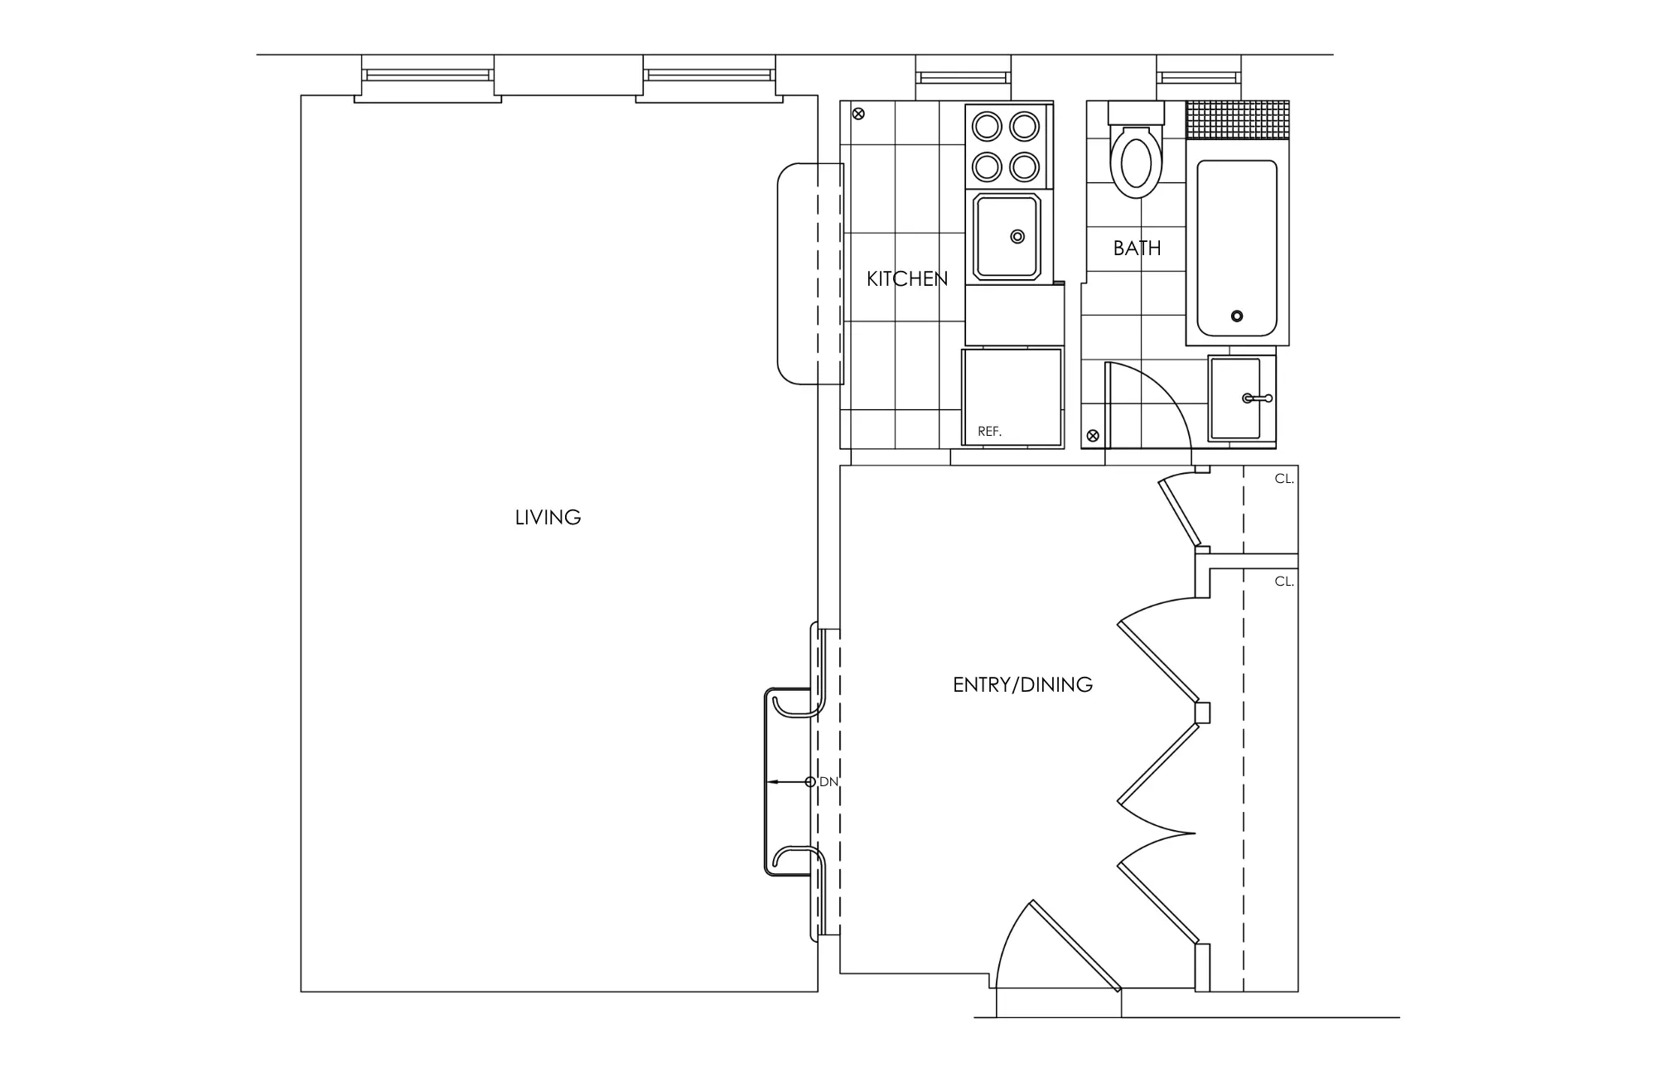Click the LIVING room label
click(x=548, y=518)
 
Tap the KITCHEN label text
click(x=907, y=279)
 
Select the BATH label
click(x=1137, y=248)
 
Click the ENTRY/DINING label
click(x=1022, y=684)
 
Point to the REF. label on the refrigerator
click(x=989, y=432)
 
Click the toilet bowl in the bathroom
click(x=1136, y=162)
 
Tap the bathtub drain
click(x=1237, y=316)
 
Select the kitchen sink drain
click(x=1017, y=237)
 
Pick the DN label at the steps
click(x=828, y=782)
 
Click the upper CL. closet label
click(x=1283, y=479)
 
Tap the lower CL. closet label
click(x=1283, y=582)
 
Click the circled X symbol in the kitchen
click(x=858, y=113)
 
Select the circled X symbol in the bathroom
click(x=1093, y=435)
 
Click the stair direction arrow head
click(x=771, y=782)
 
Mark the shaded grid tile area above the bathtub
click(x=1238, y=119)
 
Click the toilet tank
click(x=1136, y=113)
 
